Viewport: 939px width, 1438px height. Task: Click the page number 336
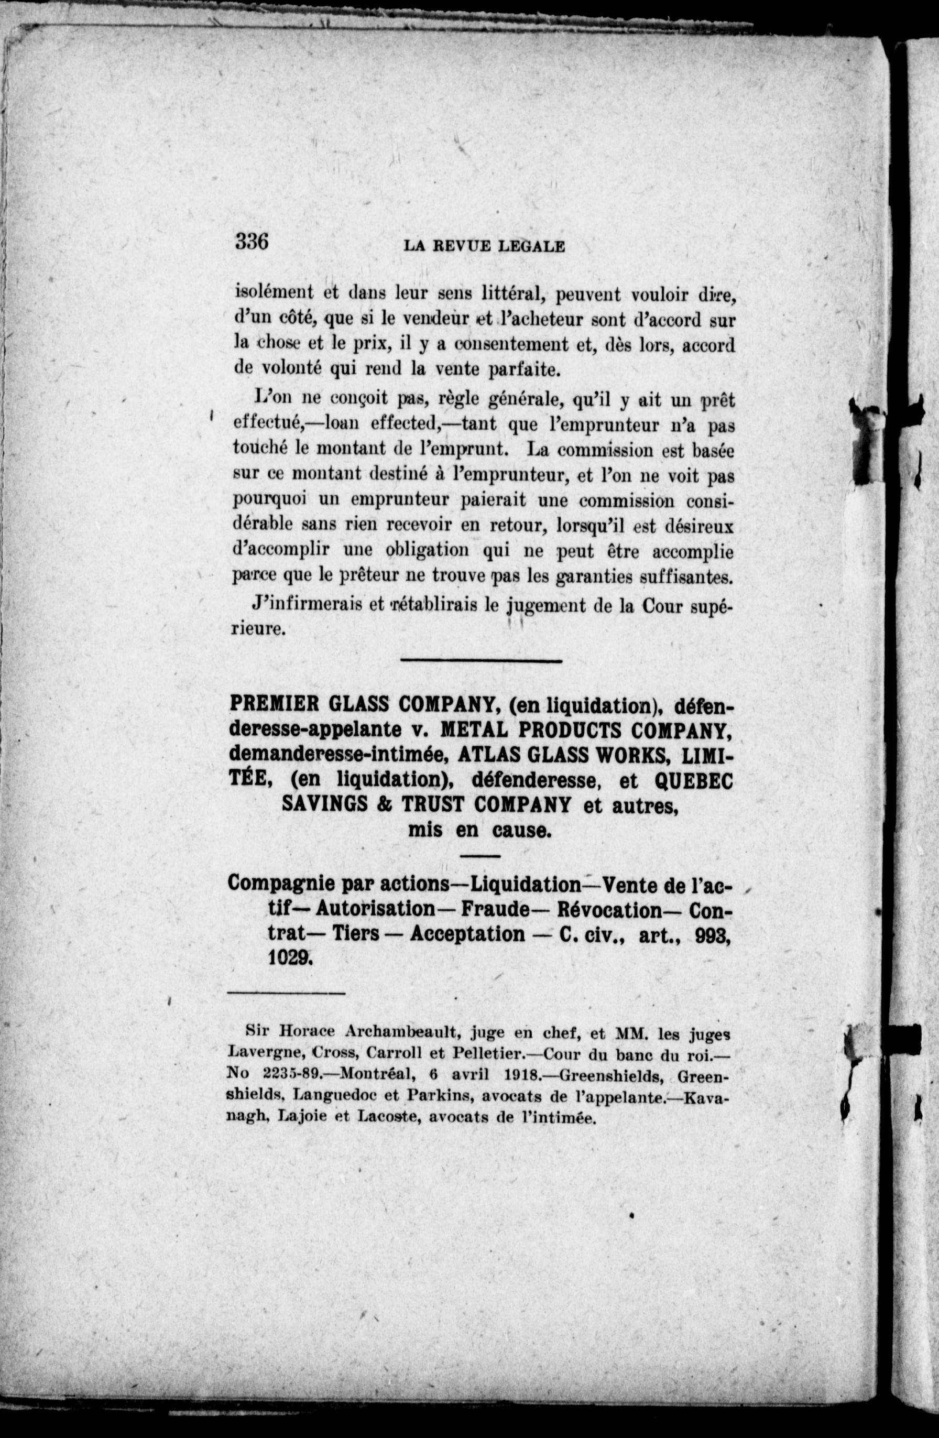[252, 242]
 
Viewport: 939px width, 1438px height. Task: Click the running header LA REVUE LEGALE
[484, 246]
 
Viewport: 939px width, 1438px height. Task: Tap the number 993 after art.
[713, 934]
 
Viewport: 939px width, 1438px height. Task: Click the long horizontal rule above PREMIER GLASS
[481, 661]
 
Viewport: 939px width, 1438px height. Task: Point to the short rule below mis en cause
[481, 856]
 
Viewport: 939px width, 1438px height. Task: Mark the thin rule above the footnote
[286, 992]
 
